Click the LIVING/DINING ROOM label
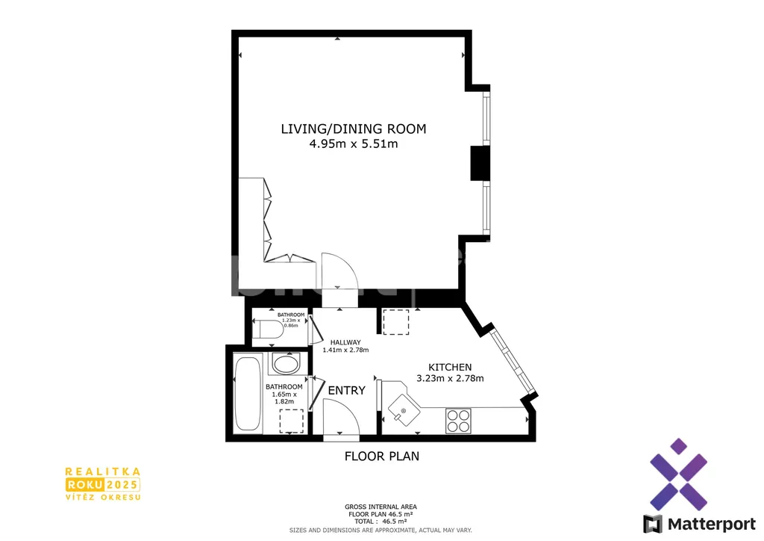(353, 129)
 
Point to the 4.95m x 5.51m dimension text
(353, 144)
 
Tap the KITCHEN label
(450, 368)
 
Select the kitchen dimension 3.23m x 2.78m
(450, 378)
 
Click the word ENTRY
(346, 390)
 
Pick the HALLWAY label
(345, 342)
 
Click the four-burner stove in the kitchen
(458, 421)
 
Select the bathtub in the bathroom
(247, 394)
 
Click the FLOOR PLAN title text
(382, 456)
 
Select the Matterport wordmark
(711, 525)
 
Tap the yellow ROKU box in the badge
(85, 484)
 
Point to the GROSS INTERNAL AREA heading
(381, 507)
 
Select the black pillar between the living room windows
(480, 164)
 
